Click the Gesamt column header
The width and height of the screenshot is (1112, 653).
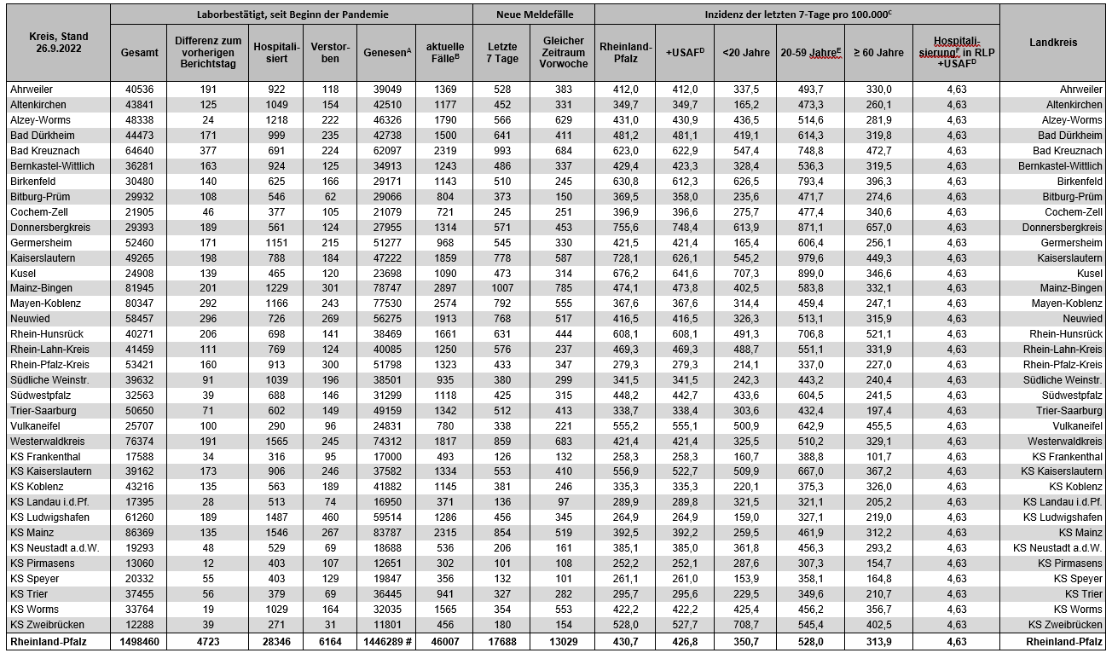click(x=139, y=52)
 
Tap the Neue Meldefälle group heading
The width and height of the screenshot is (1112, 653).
click(x=534, y=14)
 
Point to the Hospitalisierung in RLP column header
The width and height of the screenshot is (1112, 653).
click(x=956, y=52)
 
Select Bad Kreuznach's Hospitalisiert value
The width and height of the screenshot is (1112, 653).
click(x=277, y=150)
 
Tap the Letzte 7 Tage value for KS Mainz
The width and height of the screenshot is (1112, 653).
click(x=503, y=533)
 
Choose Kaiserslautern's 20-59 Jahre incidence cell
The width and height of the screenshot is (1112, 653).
click(x=810, y=257)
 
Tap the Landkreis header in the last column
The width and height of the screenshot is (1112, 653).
click(x=1053, y=43)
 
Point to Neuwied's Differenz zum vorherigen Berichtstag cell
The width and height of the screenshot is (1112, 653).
click(x=209, y=318)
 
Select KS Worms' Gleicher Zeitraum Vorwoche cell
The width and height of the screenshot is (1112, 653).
click(x=563, y=609)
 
